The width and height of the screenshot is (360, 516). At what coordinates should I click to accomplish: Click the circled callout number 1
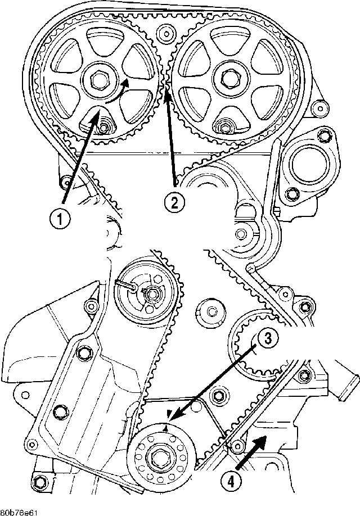(x=60, y=219)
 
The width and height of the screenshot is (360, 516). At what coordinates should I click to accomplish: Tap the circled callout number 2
(x=174, y=202)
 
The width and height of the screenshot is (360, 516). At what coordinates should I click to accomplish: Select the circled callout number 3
(x=267, y=339)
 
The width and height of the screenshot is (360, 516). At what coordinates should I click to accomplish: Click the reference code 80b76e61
(x=19, y=513)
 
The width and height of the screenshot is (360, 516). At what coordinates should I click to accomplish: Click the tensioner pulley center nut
(x=151, y=294)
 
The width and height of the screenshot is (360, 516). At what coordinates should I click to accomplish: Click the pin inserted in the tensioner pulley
(x=127, y=286)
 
